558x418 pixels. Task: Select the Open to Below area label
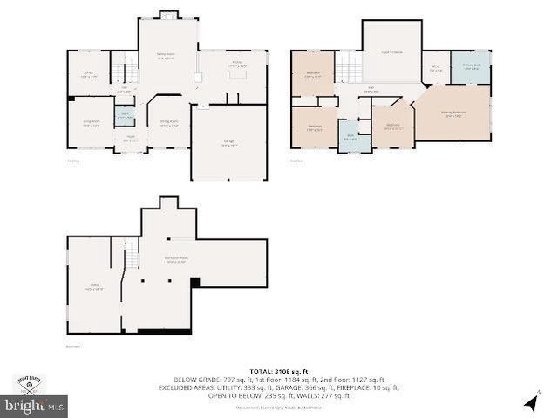(x=391, y=51)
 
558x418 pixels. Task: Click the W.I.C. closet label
(x=436, y=68)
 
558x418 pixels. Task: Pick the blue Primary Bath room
(x=470, y=67)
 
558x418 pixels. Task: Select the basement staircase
(x=131, y=257)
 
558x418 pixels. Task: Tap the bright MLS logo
(x=35, y=406)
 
